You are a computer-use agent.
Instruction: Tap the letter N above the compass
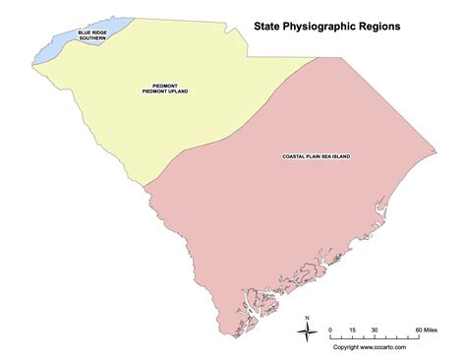pos(309,317)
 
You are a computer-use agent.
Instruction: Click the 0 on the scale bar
pos(330,328)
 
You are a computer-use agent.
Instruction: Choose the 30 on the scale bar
pos(374,328)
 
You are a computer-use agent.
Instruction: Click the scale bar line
pos(374,336)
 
